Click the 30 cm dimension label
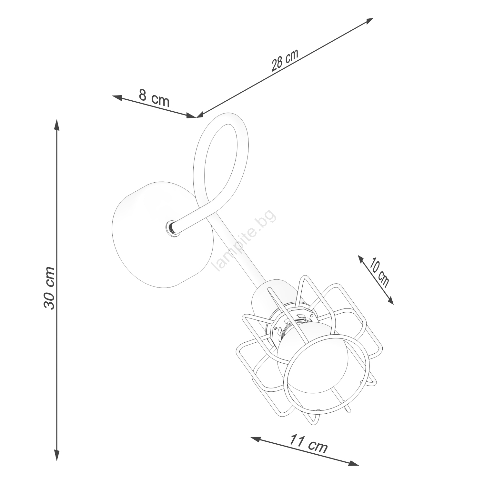[x=49, y=288]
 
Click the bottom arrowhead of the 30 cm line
[x=57, y=455]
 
